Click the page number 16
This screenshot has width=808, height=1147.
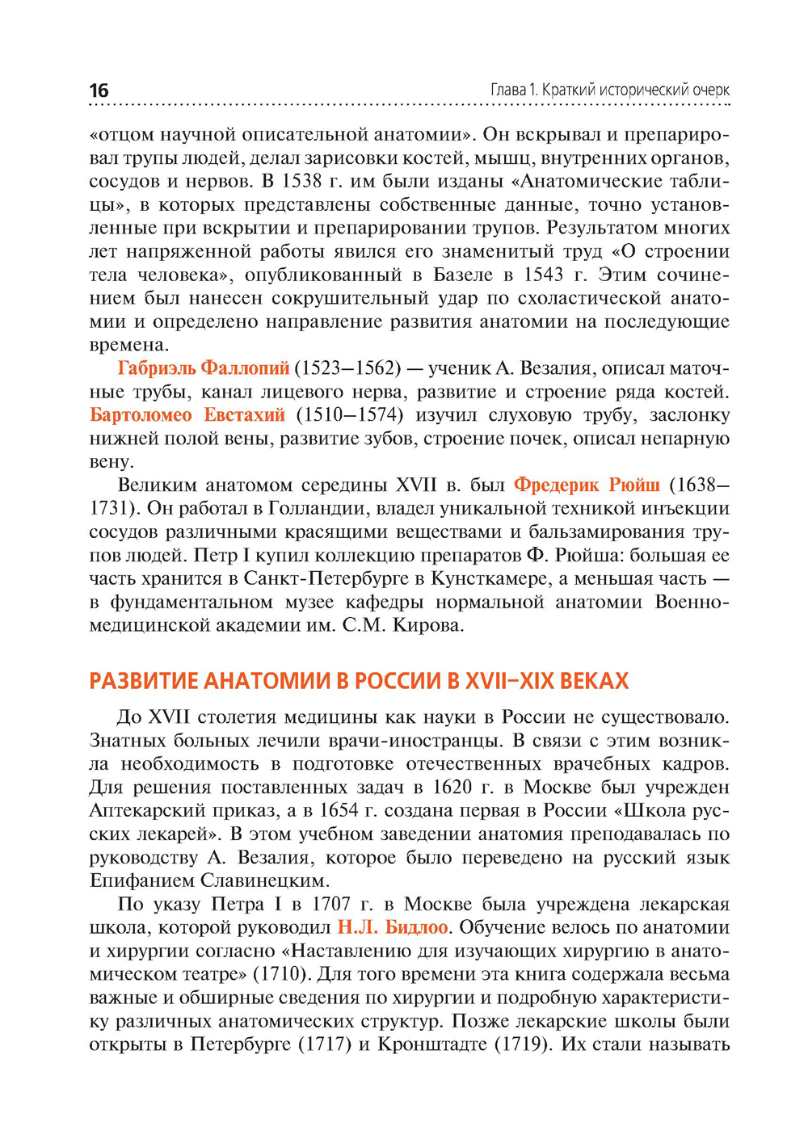coord(99,90)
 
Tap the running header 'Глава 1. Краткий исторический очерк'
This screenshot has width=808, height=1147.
coord(610,90)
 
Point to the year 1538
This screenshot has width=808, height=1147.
coord(302,181)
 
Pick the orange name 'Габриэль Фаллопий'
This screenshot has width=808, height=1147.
coord(204,368)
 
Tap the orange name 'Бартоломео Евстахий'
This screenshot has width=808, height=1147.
coord(187,415)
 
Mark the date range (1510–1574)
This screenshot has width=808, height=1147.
coord(349,415)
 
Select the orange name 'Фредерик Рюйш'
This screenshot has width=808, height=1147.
coord(587,485)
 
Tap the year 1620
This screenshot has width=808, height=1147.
coord(452,788)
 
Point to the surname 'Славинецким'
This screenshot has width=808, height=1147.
coord(264,881)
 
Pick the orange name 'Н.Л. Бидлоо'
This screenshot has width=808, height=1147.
coord(393,928)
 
